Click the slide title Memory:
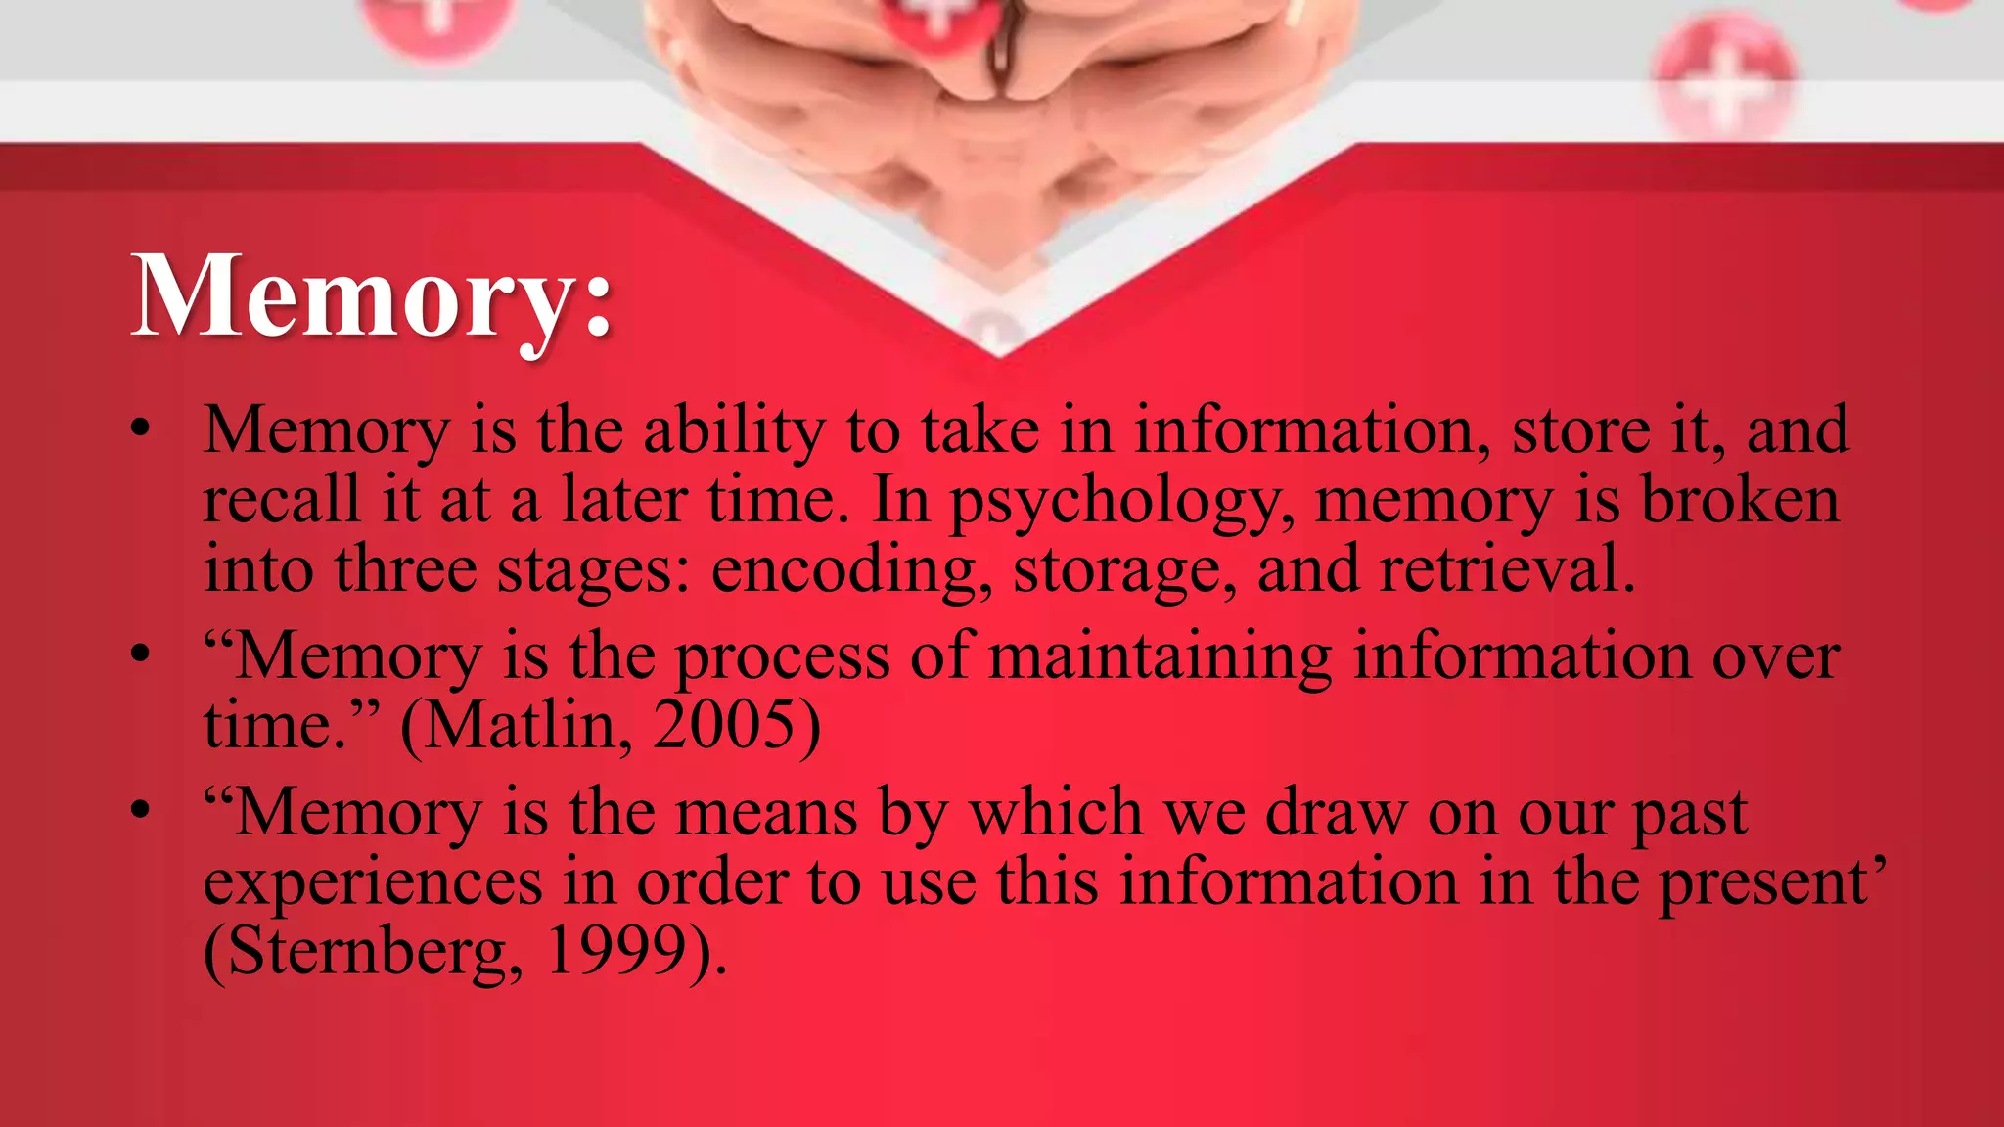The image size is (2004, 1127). [372, 296]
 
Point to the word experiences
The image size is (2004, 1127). [373, 882]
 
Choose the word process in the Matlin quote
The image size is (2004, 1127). [783, 658]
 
